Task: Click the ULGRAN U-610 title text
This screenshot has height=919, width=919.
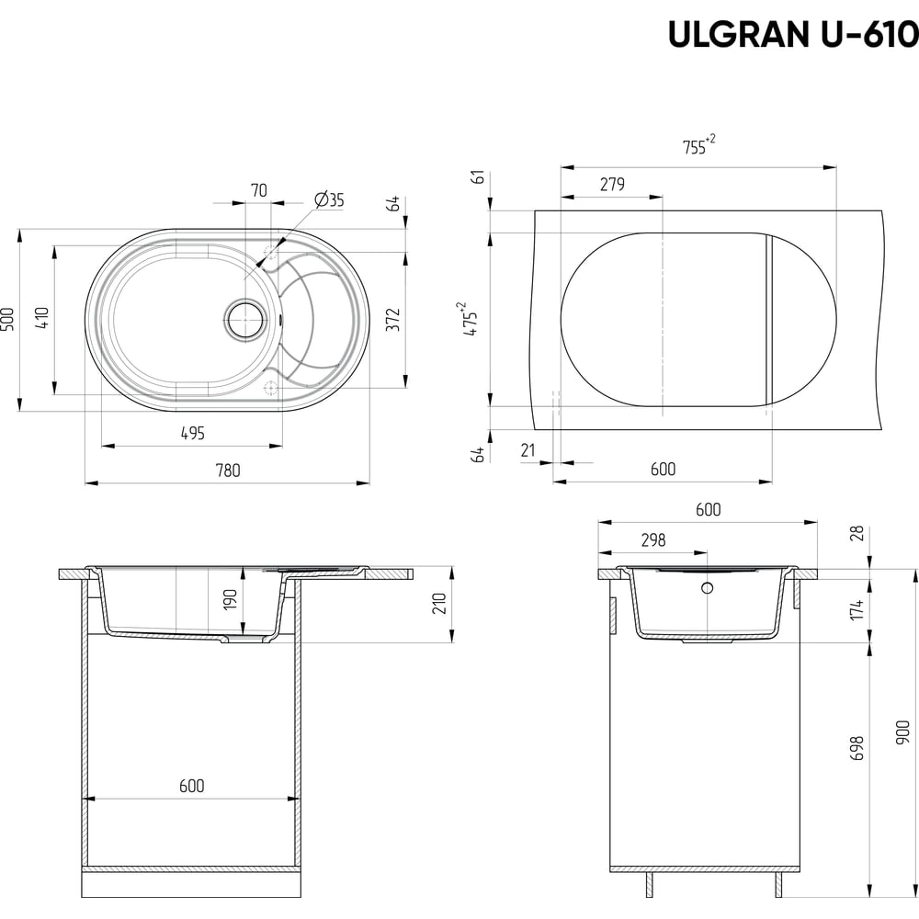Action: pyautogui.click(x=793, y=35)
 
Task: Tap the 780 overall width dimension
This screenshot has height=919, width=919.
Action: pyautogui.click(x=227, y=470)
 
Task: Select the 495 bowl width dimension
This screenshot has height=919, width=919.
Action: pyautogui.click(x=192, y=433)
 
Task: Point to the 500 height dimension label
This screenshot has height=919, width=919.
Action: pyautogui.click(x=9, y=320)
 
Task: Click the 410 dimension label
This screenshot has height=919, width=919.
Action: pyautogui.click(x=43, y=318)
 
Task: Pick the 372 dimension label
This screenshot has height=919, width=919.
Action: pyautogui.click(x=392, y=320)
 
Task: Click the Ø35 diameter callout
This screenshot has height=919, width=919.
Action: pyautogui.click(x=329, y=199)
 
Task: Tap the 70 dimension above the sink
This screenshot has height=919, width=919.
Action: pyautogui.click(x=258, y=190)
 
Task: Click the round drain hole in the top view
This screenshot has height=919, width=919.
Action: pyautogui.click(x=247, y=320)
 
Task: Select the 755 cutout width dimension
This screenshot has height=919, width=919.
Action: pyautogui.click(x=698, y=145)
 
